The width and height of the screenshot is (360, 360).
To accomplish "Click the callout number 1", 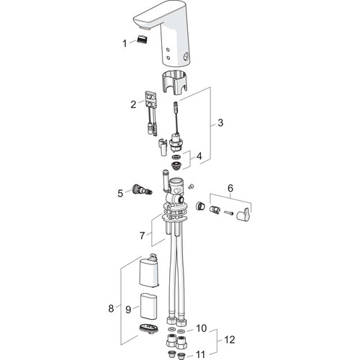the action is pos(125,43).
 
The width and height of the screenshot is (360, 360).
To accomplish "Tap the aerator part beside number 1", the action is pos(142,39).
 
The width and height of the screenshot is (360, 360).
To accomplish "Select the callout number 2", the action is pos(133,104).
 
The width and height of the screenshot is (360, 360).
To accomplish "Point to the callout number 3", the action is pos(220,122).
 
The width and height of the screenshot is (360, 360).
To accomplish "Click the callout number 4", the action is pos(199,156).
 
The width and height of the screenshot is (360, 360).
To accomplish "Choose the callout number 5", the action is pos(120,193).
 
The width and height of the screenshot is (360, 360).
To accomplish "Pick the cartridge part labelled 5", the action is pos(141,189).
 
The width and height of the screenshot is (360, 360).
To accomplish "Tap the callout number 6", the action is pos(230,189).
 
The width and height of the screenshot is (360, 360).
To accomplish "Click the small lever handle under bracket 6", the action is pos(244,214).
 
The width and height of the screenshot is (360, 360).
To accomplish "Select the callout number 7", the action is pos(142,235).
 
